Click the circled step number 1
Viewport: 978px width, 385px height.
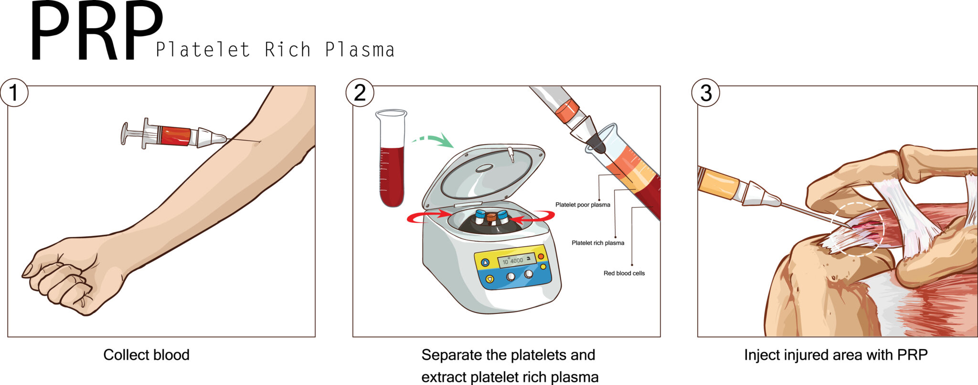click(x=14, y=93)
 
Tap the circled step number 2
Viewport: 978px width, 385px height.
click(x=360, y=93)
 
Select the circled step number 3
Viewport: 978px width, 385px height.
click(x=705, y=93)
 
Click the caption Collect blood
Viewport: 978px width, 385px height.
click(x=146, y=355)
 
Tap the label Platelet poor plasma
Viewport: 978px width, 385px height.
click(x=583, y=205)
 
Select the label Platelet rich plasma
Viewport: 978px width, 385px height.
click(x=598, y=243)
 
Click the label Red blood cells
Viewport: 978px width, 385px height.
click(x=624, y=273)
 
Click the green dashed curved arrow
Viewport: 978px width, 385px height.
click(x=434, y=139)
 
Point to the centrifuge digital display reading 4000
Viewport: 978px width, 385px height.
click(x=516, y=260)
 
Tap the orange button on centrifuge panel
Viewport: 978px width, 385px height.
click(x=541, y=256)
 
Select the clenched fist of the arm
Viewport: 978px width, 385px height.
click(x=62, y=281)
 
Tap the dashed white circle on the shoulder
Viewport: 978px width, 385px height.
click(x=857, y=229)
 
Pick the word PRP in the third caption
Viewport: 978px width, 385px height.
click(x=912, y=355)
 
